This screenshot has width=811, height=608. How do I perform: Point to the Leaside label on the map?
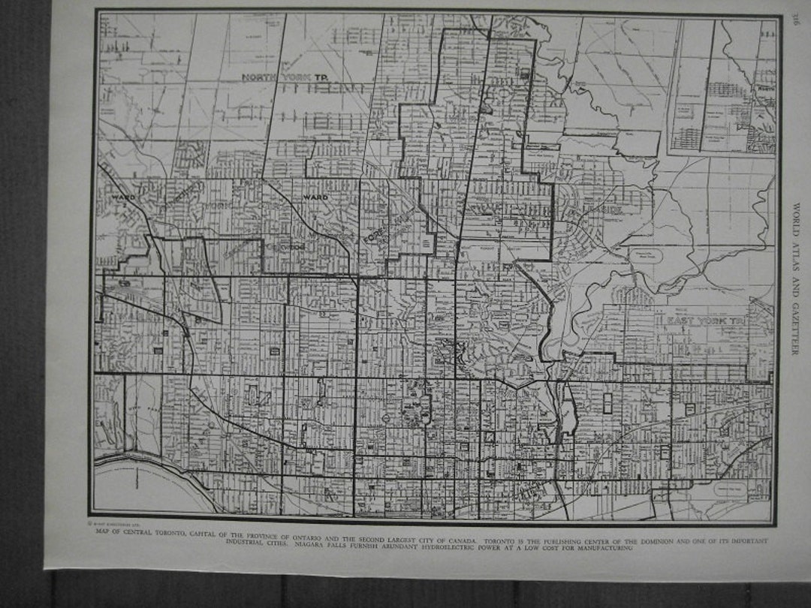[601, 211]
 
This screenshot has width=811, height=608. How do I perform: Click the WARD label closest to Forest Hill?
[316, 197]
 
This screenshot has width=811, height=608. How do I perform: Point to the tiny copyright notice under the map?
[113, 523]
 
